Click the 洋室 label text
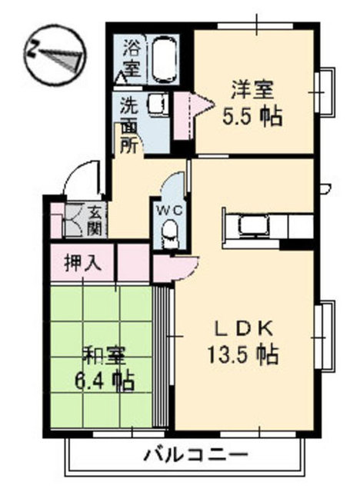pyautogui.click(x=253, y=91)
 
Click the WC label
pyautogui.click(x=169, y=211)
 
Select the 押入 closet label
pyautogui.click(x=83, y=262)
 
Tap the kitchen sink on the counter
pyautogui.click(x=254, y=226)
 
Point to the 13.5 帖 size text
pyautogui.click(x=242, y=354)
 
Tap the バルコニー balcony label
pyautogui.click(x=196, y=454)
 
